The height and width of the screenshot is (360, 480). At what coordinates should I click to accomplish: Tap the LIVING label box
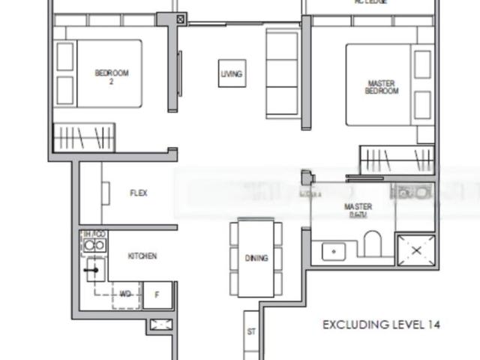click(232, 73)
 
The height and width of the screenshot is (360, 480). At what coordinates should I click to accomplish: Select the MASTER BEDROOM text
click(382, 87)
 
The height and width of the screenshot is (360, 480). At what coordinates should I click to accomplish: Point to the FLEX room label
click(139, 193)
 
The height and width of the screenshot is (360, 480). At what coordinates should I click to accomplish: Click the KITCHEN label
click(142, 256)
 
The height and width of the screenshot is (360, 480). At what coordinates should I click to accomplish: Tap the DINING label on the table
click(256, 258)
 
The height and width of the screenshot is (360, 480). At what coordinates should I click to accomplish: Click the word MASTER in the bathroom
click(358, 206)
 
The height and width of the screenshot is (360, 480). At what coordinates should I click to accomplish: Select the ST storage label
click(250, 331)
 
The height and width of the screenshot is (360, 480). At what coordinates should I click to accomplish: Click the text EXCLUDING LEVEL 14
click(381, 325)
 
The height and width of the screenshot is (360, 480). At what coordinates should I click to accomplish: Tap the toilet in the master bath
click(372, 244)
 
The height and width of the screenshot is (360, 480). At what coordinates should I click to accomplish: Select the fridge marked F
click(158, 295)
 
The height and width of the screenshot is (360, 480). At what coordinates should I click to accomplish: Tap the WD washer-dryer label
click(125, 295)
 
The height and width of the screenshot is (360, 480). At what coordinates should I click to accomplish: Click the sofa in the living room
click(283, 75)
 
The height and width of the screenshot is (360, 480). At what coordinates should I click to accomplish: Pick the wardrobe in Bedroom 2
click(82, 137)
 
